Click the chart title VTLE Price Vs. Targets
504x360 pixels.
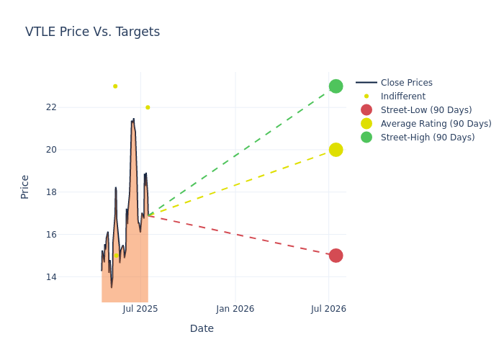point(92,32)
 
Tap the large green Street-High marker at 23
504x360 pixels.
point(336,86)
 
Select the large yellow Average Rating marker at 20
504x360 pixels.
point(336,150)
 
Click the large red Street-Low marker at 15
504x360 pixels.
point(336,256)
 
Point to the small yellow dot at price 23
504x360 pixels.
point(115,86)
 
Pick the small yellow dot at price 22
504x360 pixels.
point(148,107)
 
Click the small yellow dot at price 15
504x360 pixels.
point(117,255)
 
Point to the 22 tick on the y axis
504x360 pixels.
point(71,107)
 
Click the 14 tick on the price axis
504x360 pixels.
point(71,277)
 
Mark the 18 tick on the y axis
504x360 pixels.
point(71,192)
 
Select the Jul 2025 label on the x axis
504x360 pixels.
point(140,309)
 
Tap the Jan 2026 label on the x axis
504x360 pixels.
point(235,309)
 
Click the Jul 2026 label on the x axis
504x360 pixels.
point(329,309)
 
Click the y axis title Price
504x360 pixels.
point(25,186)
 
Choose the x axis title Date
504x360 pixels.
point(202,328)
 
